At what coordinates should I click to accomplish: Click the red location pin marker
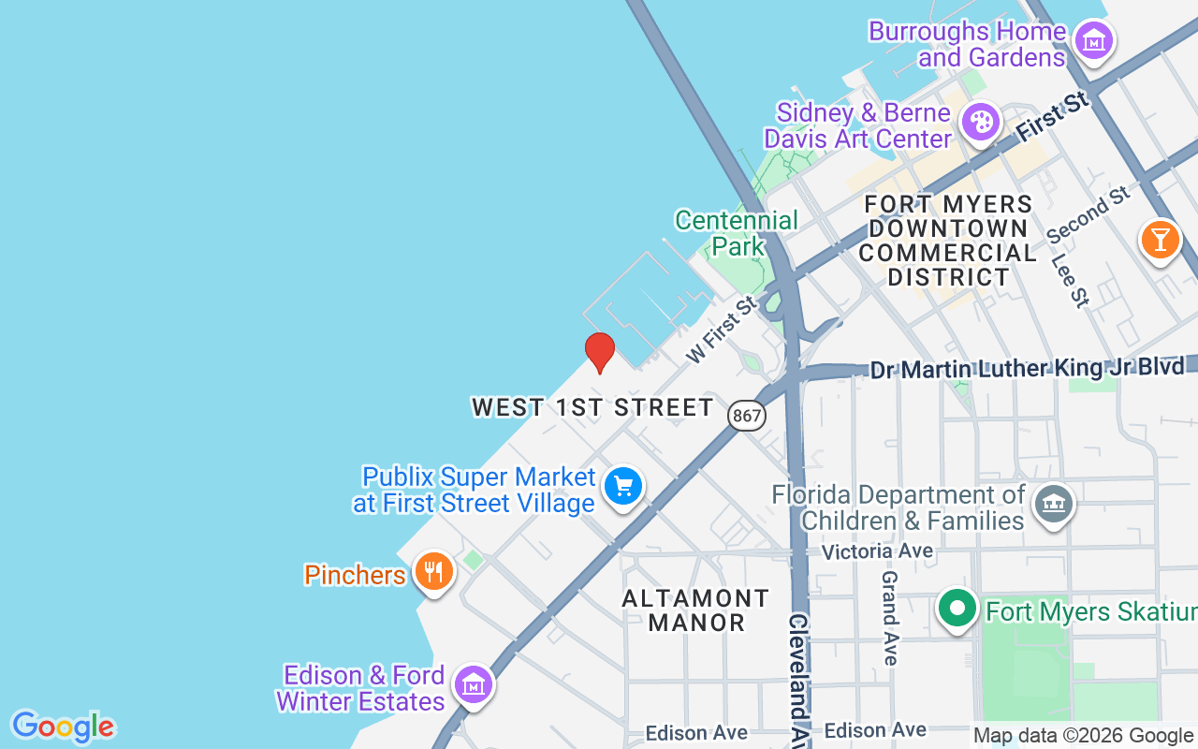pyautogui.click(x=600, y=351)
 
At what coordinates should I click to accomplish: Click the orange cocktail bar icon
pyautogui.click(x=1160, y=240)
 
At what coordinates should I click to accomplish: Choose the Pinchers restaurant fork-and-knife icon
pyautogui.click(x=432, y=569)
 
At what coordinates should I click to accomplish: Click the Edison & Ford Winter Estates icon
pyautogui.click(x=474, y=684)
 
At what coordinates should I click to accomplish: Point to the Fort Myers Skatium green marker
pyautogui.click(x=957, y=609)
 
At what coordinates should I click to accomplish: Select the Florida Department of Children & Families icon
pyautogui.click(x=1053, y=506)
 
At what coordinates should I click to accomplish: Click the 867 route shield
pyautogui.click(x=747, y=415)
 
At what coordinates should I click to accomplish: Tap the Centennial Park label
pyautogui.click(x=737, y=233)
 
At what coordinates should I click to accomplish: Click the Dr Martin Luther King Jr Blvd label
pyautogui.click(x=1027, y=368)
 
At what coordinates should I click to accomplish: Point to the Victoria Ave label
pyautogui.click(x=877, y=551)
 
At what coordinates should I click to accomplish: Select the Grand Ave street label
pyautogui.click(x=890, y=618)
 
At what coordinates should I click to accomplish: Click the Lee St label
pyautogui.click(x=1071, y=280)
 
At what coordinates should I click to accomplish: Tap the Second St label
pyautogui.click(x=1088, y=213)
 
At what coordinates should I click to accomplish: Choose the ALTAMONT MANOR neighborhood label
pyautogui.click(x=696, y=609)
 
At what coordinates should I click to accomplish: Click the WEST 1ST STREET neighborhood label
pyautogui.click(x=592, y=407)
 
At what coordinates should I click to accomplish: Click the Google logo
pyautogui.click(x=64, y=727)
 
